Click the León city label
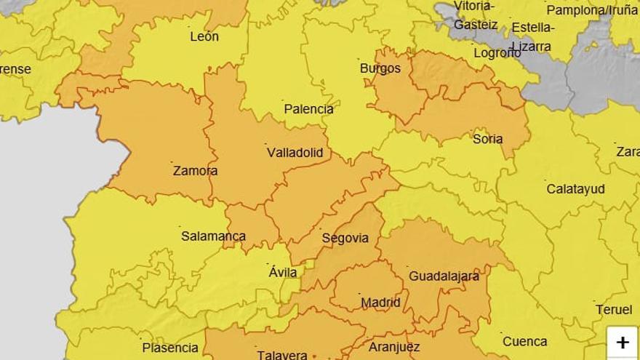(204, 36)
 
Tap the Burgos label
(380, 68)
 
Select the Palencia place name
(308, 109)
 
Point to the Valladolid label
(295, 153)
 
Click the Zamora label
(195, 171)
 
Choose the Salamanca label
(213, 236)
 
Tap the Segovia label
(345, 239)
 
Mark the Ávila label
(283, 272)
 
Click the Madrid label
(380, 303)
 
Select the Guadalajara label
(444, 276)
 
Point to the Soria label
(487, 139)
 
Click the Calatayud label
(575, 189)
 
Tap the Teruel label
(614, 309)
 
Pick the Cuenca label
(524, 341)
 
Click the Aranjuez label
(394, 347)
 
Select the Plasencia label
(169, 348)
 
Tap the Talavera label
(281, 355)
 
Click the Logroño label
(497, 52)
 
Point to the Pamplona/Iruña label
(591, 10)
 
